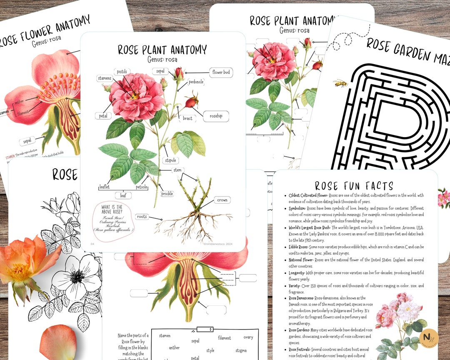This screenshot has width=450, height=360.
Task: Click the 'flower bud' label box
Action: click(x=221, y=72)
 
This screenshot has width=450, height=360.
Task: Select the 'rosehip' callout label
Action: click(x=216, y=117)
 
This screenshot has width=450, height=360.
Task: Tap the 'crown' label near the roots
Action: click(x=222, y=200)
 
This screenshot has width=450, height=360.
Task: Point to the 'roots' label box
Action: click(x=142, y=217)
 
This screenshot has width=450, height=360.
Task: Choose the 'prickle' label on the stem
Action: click(x=167, y=194)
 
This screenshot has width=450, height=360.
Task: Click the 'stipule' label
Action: click(x=170, y=160)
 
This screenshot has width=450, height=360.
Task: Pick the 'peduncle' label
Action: click(x=196, y=82)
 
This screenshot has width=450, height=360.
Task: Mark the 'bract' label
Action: click(x=188, y=118)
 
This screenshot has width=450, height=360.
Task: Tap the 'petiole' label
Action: click(x=142, y=187)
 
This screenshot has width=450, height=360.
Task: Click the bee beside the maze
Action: click(x=340, y=83)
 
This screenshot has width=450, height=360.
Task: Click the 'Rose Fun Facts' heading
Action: click(x=354, y=186)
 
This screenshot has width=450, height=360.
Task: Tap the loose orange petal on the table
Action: click(x=58, y=342)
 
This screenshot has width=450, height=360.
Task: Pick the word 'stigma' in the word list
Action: click(x=241, y=351)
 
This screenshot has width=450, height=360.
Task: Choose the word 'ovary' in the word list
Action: click(x=248, y=337)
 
